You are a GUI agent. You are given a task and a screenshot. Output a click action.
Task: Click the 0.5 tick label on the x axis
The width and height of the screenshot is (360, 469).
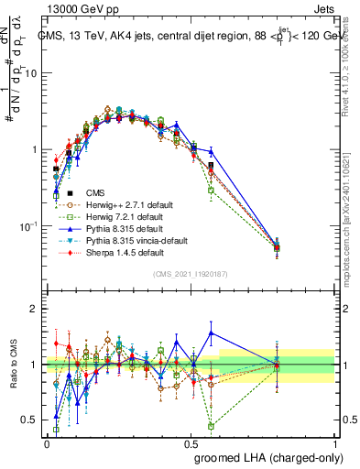[191, 442]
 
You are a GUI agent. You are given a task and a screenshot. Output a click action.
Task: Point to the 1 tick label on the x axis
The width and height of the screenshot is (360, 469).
[335, 442]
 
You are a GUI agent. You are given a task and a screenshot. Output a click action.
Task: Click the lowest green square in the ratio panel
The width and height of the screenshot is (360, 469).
[212, 426]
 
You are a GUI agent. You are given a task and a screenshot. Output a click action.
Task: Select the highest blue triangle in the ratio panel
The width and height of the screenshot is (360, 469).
[212, 332]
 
